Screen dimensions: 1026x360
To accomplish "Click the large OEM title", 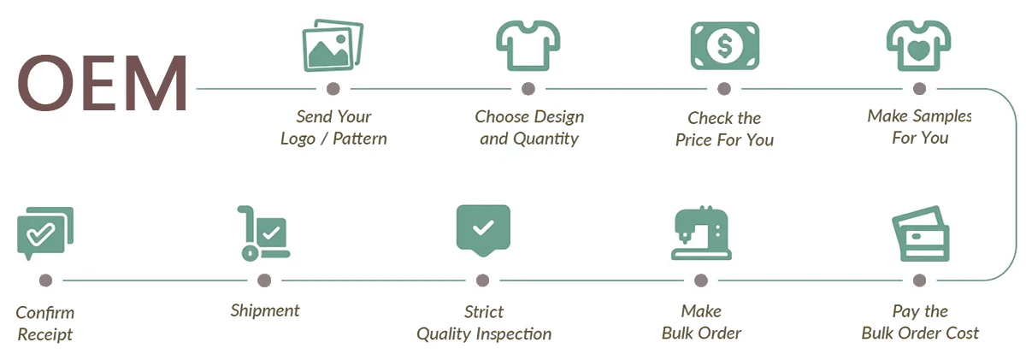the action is [102, 83].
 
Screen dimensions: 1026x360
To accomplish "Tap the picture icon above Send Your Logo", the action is [333, 45].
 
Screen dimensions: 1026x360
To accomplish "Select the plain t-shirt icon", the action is [528, 45].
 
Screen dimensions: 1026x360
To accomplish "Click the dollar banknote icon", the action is [725, 46].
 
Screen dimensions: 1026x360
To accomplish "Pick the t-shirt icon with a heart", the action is [918, 45].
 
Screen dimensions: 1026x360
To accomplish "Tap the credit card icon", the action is [921, 234].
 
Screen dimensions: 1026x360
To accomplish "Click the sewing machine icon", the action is [701, 233].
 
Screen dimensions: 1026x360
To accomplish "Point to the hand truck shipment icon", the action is [263, 233].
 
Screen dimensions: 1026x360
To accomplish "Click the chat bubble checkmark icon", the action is [44, 233].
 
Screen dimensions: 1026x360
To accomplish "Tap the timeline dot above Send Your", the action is [333, 89].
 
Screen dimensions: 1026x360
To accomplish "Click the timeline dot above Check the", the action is [724, 89].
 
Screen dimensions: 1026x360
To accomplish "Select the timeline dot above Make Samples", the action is [919, 89].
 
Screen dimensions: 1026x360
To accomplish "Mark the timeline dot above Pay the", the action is [919, 280].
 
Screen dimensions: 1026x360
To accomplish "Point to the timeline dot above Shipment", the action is [264, 280].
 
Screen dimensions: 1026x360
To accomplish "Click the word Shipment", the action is [265, 311].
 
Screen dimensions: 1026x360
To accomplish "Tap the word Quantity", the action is [546, 139].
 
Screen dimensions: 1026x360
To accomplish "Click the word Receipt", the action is [44, 335].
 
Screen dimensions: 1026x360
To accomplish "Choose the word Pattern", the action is [360, 139].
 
